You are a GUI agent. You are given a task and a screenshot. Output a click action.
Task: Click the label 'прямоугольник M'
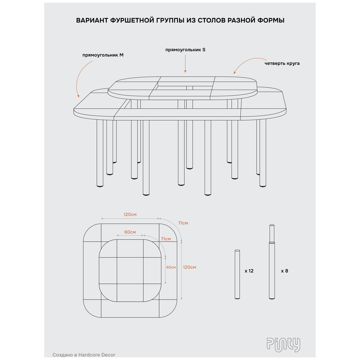click(103, 55)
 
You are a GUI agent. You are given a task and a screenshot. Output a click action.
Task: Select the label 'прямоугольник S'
click(185, 50)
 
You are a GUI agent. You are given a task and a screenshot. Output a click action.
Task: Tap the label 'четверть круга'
click(282, 63)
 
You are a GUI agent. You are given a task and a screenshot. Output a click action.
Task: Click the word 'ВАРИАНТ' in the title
click(92, 20)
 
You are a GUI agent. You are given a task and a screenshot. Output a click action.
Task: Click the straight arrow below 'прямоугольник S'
click(185, 64)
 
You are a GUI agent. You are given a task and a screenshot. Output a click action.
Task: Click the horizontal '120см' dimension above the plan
click(130, 215)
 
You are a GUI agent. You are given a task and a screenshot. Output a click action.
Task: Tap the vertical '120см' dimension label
click(190, 267)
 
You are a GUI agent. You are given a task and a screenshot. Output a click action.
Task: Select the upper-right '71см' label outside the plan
click(183, 223)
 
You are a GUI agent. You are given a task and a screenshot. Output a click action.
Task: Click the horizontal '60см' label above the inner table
click(130, 232)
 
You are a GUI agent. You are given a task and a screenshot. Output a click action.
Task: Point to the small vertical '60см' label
click(171, 267)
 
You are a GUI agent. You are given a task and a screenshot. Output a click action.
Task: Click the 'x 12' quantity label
click(249, 271)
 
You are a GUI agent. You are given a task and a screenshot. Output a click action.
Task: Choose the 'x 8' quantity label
click(284, 271)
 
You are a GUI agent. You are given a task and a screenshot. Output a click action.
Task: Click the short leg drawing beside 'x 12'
click(237, 274)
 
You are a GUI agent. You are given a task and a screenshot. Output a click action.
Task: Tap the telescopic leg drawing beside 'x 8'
click(272, 262)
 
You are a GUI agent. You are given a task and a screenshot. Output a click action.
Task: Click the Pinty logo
click(283, 345)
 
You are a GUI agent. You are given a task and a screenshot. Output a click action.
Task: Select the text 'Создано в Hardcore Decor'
click(84, 355)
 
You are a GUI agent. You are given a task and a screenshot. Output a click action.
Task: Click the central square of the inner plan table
click(130, 270)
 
